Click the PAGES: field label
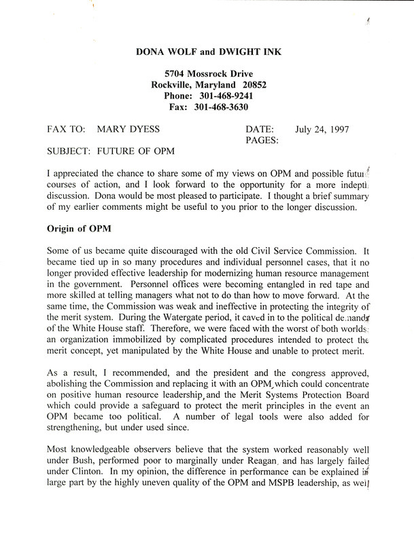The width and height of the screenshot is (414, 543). pos(259,141)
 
